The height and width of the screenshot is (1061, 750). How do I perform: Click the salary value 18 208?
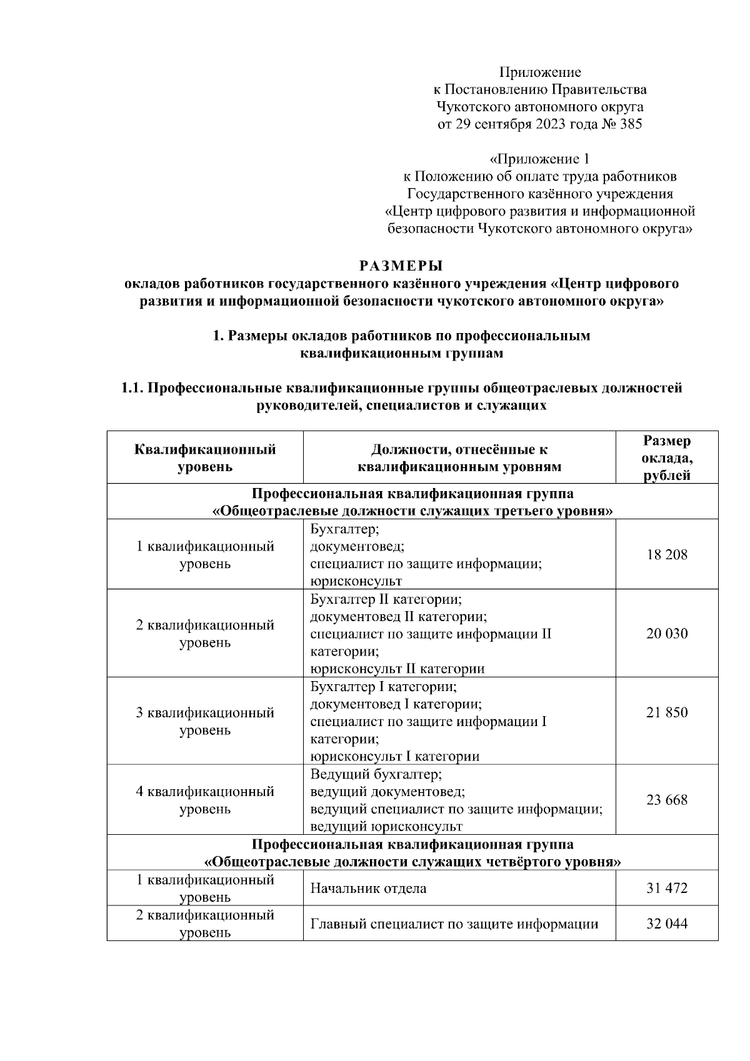click(667, 554)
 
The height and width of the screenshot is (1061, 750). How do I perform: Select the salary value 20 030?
click(667, 634)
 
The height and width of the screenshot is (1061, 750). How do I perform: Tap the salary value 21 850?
click(667, 712)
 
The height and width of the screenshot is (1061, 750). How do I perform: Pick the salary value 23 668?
click(667, 800)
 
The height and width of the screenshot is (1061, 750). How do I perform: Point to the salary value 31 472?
click(667, 888)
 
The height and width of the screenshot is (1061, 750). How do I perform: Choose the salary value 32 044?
click(667, 923)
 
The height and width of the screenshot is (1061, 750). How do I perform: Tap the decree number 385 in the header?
click(630, 124)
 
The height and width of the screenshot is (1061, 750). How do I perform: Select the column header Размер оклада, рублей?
click(667, 458)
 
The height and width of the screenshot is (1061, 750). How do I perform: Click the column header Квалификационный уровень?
click(205, 458)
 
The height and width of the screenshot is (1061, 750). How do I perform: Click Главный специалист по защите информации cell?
click(454, 924)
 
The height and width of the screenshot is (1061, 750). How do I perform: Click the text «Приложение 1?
click(539, 159)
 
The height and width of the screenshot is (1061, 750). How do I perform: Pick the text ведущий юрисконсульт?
click(386, 827)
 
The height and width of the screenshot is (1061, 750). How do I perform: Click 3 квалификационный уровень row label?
click(205, 721)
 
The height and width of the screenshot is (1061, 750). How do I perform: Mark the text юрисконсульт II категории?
click(397, 669)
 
